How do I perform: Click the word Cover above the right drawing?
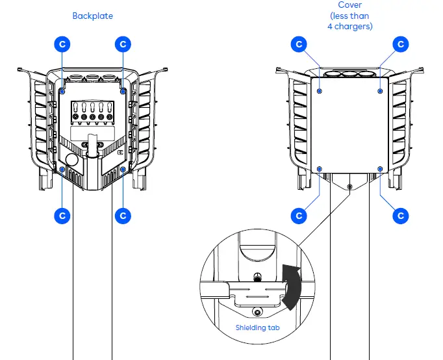click(349, 5)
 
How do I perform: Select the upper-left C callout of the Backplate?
click(62, 44)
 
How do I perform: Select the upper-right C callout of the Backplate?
click(123, 44)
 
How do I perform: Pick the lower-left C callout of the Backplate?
click(62, 215)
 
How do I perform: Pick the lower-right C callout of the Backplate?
click(123, 215)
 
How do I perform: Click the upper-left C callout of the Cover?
click(299, 44)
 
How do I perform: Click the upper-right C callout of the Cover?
click(401, 44)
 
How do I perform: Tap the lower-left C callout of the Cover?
click(299, 215)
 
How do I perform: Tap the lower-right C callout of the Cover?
click(401, 215)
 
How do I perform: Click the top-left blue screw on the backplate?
click(62, 92)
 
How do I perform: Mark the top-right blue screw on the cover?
click(380, 92)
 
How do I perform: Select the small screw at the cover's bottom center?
click(349, 186)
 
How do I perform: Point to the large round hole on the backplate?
click(71, 159)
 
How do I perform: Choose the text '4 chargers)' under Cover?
click(349, 27)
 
